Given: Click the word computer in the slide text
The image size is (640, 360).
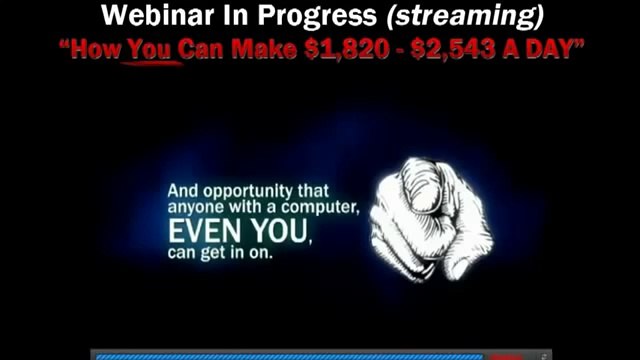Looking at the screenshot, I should tap(322, 208).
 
